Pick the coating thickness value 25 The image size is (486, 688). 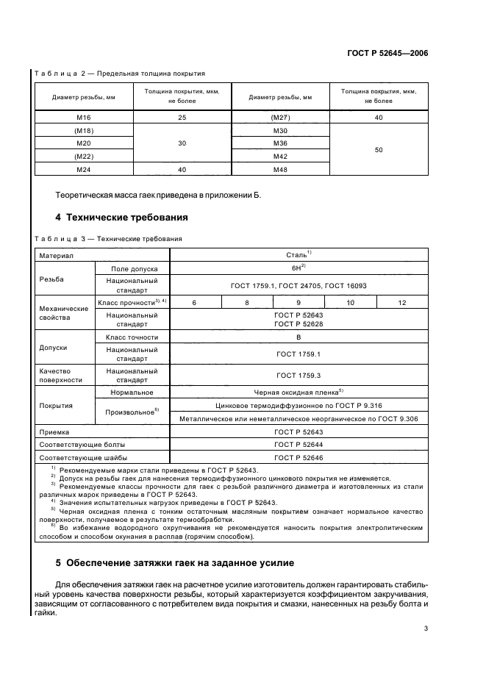click(182, 118)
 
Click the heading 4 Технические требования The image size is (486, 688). click(121, 218)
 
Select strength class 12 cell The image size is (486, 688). click(401, 302)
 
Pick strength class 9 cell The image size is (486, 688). click(298, 302)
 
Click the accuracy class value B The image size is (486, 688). click(299, 337)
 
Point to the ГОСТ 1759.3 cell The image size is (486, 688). click(299, 376)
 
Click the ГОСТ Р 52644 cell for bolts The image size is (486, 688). click(299, 444)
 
